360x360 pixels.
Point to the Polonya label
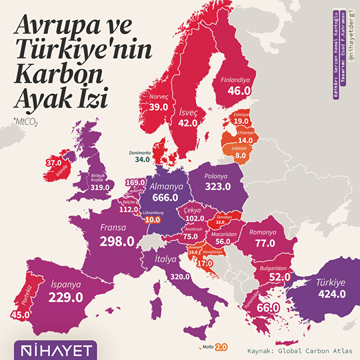pos(216,176)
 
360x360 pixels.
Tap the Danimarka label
pos(140,152)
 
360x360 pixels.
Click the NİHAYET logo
pos(55,351)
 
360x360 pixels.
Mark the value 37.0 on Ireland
pos(53,163)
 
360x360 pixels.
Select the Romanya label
pos(263,232)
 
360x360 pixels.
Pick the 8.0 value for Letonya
pos(240,156)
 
